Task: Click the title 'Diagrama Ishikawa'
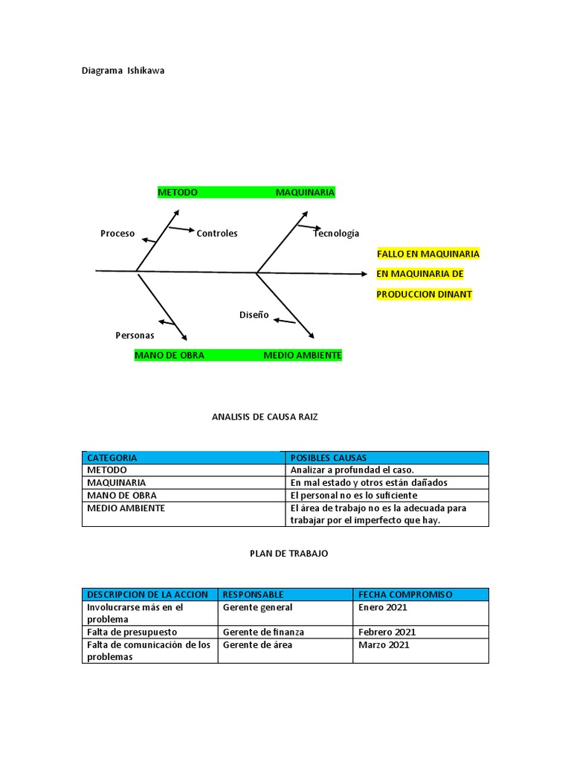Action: click(123, 71)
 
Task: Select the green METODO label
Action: click(178, 192)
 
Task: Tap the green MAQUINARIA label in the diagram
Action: click(305, 192)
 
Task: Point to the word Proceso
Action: click(117, 234)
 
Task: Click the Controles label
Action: click(217, 234)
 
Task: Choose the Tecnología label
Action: click(336, 234)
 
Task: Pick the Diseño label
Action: click(254, 315)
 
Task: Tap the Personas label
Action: click(135, 336)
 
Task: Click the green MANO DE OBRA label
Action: click(170, 356)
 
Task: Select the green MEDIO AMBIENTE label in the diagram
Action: click(303, 356)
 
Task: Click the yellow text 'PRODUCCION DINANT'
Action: click(425, 295)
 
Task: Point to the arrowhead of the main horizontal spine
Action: click(364, 274)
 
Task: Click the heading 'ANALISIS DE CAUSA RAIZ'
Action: click(265, 417)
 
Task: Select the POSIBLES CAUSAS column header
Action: click(328, 458)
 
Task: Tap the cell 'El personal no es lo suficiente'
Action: click(354, 495)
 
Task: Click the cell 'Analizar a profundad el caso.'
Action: click(352, 470)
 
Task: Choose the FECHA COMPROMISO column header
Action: click(405, 595)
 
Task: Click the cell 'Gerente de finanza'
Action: click(263, 632)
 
